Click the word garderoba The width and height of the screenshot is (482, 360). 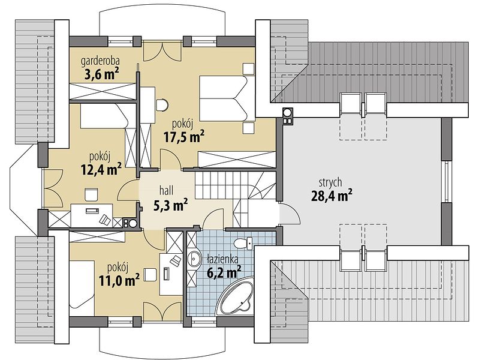(100, 61)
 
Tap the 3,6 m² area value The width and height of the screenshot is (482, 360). (101, 74)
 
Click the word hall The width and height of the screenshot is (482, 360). (166, 191)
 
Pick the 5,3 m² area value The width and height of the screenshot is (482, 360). (171, 205)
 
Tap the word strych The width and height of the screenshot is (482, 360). (330, 183)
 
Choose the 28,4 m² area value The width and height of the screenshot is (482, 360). (332, 196)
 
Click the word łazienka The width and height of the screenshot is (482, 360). (223, 260)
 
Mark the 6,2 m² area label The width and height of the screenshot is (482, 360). (224, 272)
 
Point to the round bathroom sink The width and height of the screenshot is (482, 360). (194, 259)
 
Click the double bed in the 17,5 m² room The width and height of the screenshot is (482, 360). (227, 98)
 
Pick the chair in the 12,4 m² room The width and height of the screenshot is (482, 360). (91, 194)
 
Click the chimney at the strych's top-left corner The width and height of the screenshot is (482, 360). (287, 116)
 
